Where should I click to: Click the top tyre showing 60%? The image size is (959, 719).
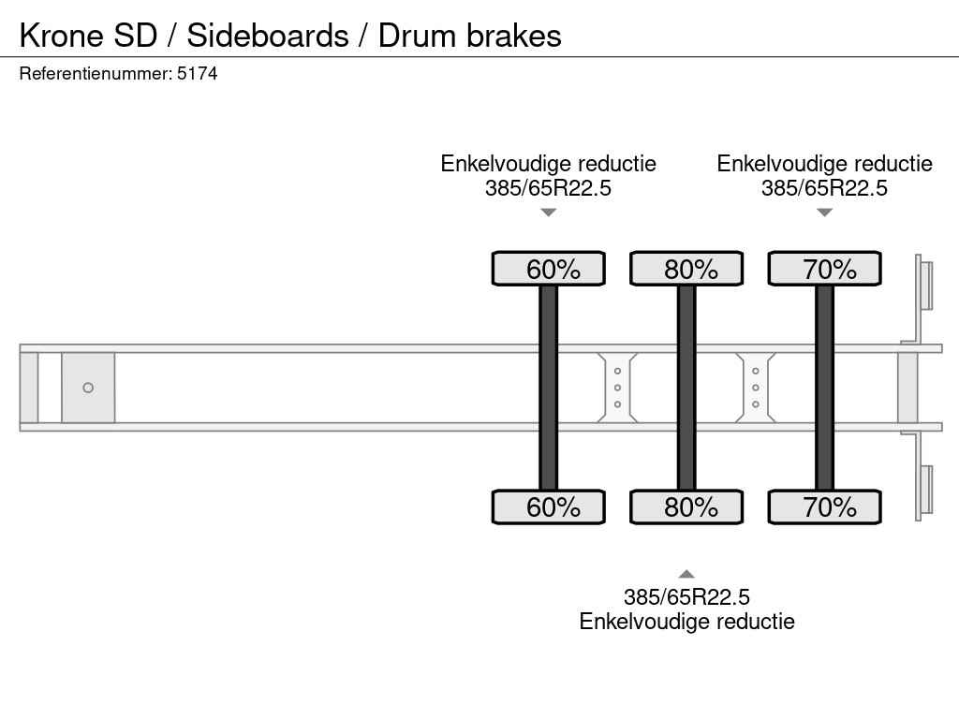(549, 269)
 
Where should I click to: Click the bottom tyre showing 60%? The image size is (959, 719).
(549, 506)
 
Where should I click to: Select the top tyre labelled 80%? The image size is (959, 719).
(686, 269)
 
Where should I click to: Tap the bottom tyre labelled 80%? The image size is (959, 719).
(686, 506)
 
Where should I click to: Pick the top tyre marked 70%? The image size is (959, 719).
(824, 269)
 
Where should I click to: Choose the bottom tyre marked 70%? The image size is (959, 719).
(824, 506)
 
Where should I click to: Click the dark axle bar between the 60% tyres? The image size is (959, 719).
(548, 388)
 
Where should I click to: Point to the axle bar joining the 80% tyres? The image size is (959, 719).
(686, 388)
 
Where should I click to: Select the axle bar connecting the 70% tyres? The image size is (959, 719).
(824, 388)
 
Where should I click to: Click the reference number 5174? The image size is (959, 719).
(198, 74)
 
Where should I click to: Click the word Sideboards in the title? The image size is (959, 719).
(267, 36)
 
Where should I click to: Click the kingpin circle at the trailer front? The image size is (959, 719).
(88, 388)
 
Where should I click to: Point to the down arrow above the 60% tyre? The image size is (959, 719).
(549, 213)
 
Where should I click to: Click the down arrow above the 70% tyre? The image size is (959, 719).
(824, 213)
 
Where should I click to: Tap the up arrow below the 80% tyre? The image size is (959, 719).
(686, 574)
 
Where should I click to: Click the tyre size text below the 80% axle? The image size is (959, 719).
(686, 597)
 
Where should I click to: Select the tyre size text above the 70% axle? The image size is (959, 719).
(824, 188)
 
